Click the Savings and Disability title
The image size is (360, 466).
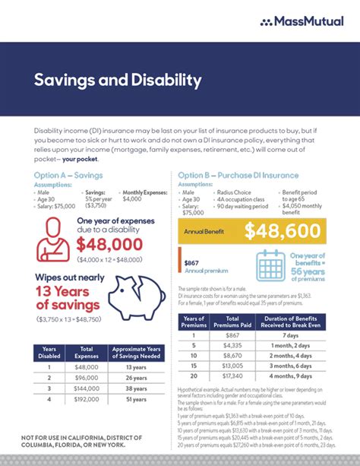118,80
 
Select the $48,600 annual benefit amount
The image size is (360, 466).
285,230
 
